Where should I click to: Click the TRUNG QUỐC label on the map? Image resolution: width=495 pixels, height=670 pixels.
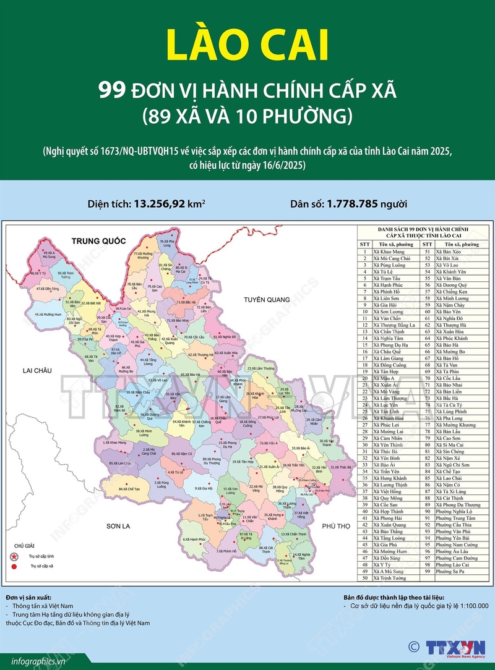[98, 240]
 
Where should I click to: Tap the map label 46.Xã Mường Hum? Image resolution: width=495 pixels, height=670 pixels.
[48, 315]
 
